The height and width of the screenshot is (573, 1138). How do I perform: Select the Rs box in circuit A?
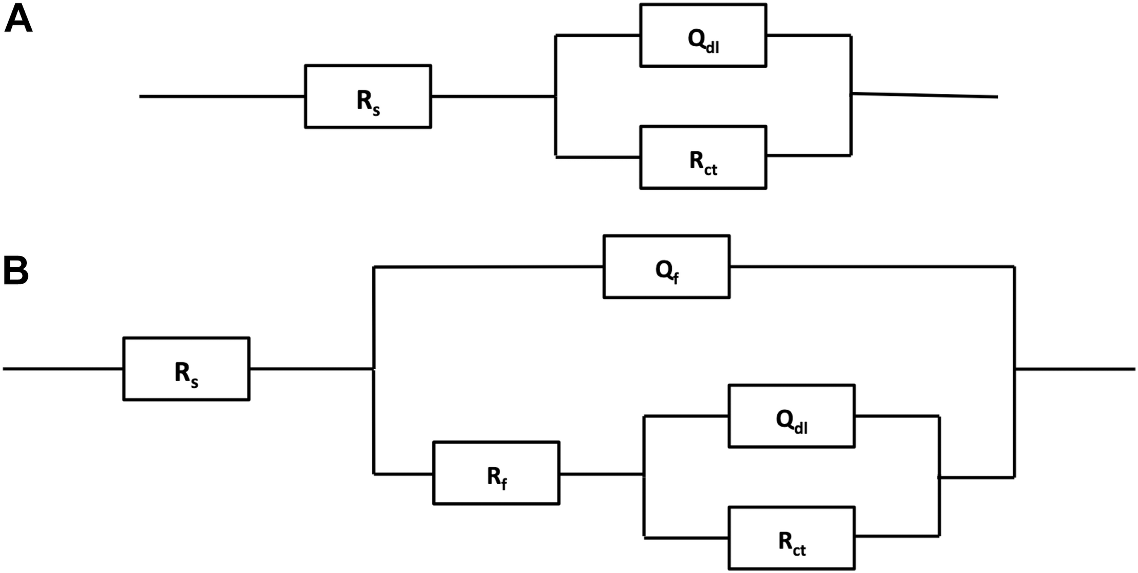(x=368, y=96)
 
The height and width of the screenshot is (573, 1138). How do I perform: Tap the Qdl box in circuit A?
(x=703, y=35)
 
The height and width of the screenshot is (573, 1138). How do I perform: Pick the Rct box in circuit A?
(x=703, y=157)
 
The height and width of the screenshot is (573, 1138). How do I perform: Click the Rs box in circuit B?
(x=186, y=369)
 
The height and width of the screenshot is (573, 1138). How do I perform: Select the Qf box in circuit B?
(x=666, y=267)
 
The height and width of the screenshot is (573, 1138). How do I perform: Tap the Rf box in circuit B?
(x=496, y=473)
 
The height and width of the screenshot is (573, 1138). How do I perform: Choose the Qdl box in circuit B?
(x=791, y=416)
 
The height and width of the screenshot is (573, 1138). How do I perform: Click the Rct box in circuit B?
(x=791, y=538)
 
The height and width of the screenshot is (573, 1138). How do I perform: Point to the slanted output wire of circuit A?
(x=924, y=95)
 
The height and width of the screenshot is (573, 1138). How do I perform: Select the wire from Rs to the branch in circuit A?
(x=493, y=96)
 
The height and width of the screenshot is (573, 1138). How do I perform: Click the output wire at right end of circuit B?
(x=1075, y=369)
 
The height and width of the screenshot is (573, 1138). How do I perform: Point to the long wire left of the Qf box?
(x=488, y=267)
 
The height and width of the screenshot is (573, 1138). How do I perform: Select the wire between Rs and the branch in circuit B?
(x=311, y=369)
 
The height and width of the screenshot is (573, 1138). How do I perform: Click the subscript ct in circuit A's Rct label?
(x=710, y=169)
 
